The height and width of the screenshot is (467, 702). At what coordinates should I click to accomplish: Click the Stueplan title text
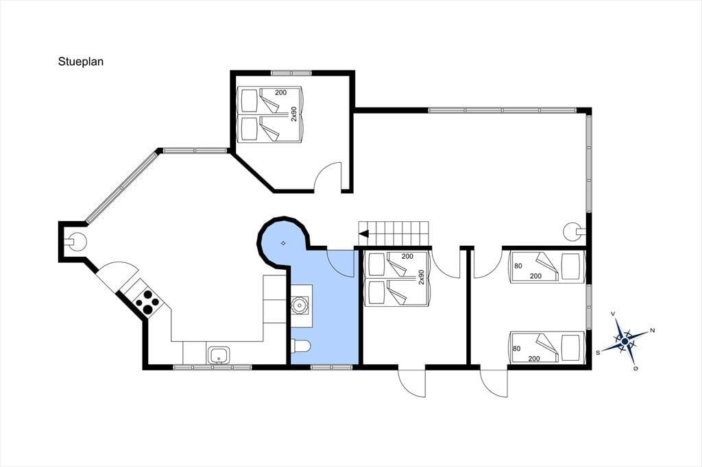(81, 62)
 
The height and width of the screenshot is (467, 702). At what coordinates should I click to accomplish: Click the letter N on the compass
(653, 331)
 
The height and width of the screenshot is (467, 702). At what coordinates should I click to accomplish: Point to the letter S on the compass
(598, 353)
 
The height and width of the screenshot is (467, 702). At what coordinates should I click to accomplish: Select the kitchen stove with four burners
(147, 302)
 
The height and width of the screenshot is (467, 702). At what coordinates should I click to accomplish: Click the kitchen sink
(219, 355)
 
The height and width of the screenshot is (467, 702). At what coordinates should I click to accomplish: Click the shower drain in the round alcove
(283, 243)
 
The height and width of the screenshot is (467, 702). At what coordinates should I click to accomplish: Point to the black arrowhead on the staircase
(363, 233)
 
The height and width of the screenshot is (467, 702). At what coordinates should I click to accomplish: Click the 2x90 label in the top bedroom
(294, 114)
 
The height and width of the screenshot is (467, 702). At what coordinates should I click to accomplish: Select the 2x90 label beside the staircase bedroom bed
(421, 277)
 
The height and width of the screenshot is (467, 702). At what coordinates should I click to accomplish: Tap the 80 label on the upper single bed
(518, 266)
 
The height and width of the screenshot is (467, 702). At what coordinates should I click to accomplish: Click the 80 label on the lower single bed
(517, 349)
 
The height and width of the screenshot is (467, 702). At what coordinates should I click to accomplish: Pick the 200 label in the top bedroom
(280, 92)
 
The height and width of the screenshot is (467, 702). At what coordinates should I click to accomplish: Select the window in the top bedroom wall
(291, 73)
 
